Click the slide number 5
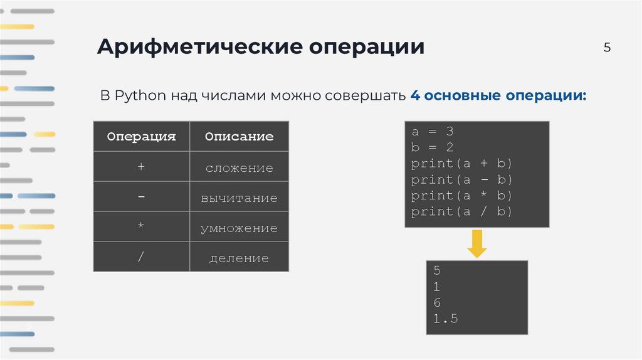point(607,48)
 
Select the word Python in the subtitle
point(140,96)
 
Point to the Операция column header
point(141,136)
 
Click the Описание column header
point(239,136)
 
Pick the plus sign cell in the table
point(141,167)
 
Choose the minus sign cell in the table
point(141,198)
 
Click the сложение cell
point(239,168)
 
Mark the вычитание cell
point(239,198)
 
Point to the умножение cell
point(239,228)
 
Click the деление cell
point(239,258)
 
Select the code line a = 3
point(433,132)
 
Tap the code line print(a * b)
point(462,196)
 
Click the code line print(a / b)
point(462,212)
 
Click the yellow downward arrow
point(477,244)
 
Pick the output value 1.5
point(446,319)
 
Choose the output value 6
point(437,303)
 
